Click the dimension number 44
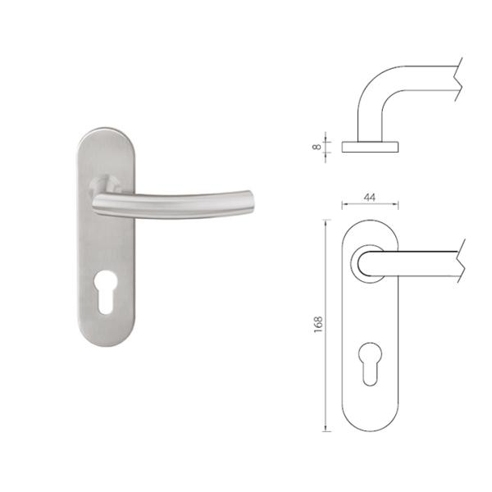(x=370, y=198)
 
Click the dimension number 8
(x=317, y=145)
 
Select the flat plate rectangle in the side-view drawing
(x=371, y=146)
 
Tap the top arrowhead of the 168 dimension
(x=328, y=222)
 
